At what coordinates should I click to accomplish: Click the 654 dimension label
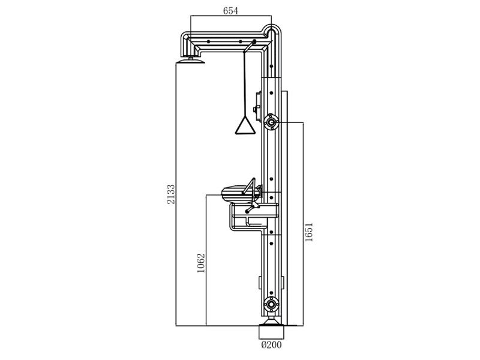[x=230, y=11]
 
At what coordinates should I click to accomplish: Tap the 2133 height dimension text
[x=171, y=194]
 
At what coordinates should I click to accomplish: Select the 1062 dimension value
[x=200, y=263]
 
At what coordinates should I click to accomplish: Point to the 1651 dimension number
[x=309, y=232]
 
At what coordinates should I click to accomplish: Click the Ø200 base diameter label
[x=272, y=344]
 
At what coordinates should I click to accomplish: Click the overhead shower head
[x=190, y=62]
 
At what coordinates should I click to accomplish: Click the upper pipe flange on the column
[x=271, y=122]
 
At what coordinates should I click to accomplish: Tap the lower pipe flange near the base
[x=271, y=305]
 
